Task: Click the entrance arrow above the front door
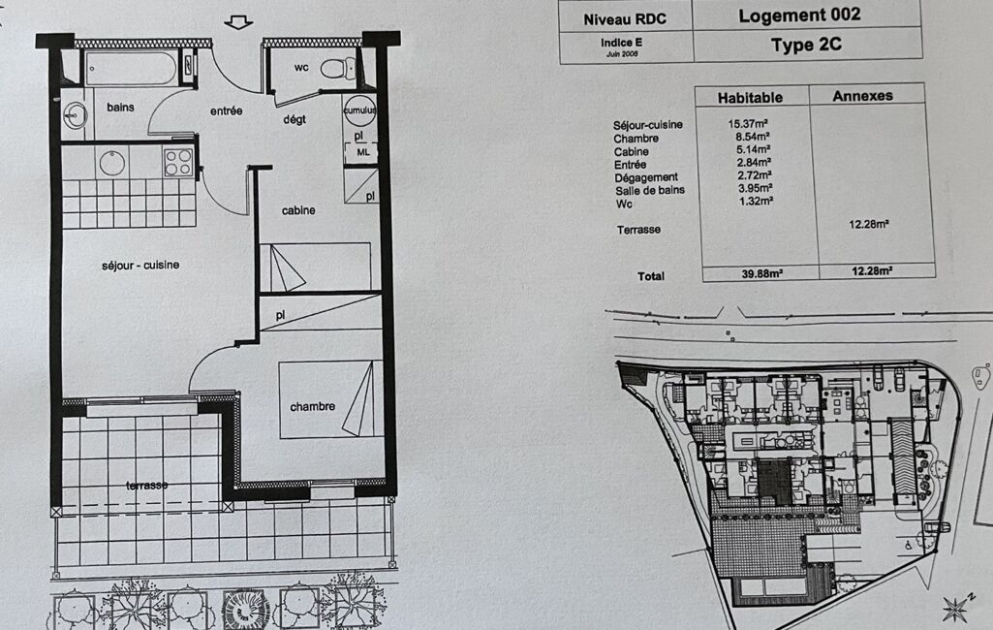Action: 238,23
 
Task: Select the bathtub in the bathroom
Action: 131,68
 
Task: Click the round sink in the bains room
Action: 76,116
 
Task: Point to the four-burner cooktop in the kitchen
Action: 178,162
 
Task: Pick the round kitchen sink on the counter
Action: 113,163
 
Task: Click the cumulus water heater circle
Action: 359,110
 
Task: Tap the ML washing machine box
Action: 362,153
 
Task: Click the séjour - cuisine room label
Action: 140,265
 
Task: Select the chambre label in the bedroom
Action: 312,406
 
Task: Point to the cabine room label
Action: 298,210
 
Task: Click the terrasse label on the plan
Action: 147,486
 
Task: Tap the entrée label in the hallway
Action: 226,110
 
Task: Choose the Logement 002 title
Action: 799,16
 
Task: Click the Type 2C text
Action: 806,45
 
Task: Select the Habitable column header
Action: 750,98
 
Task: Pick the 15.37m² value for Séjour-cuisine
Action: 748,124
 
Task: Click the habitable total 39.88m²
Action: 762,273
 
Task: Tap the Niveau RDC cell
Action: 625,19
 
